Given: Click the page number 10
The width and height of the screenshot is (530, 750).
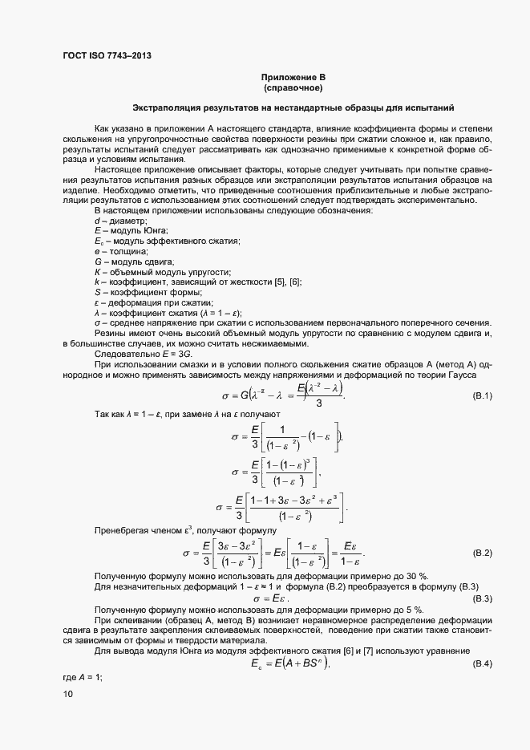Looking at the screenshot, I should [x=67, y=695].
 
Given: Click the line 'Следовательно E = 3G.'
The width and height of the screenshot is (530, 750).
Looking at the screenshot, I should [x=143, y=355].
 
